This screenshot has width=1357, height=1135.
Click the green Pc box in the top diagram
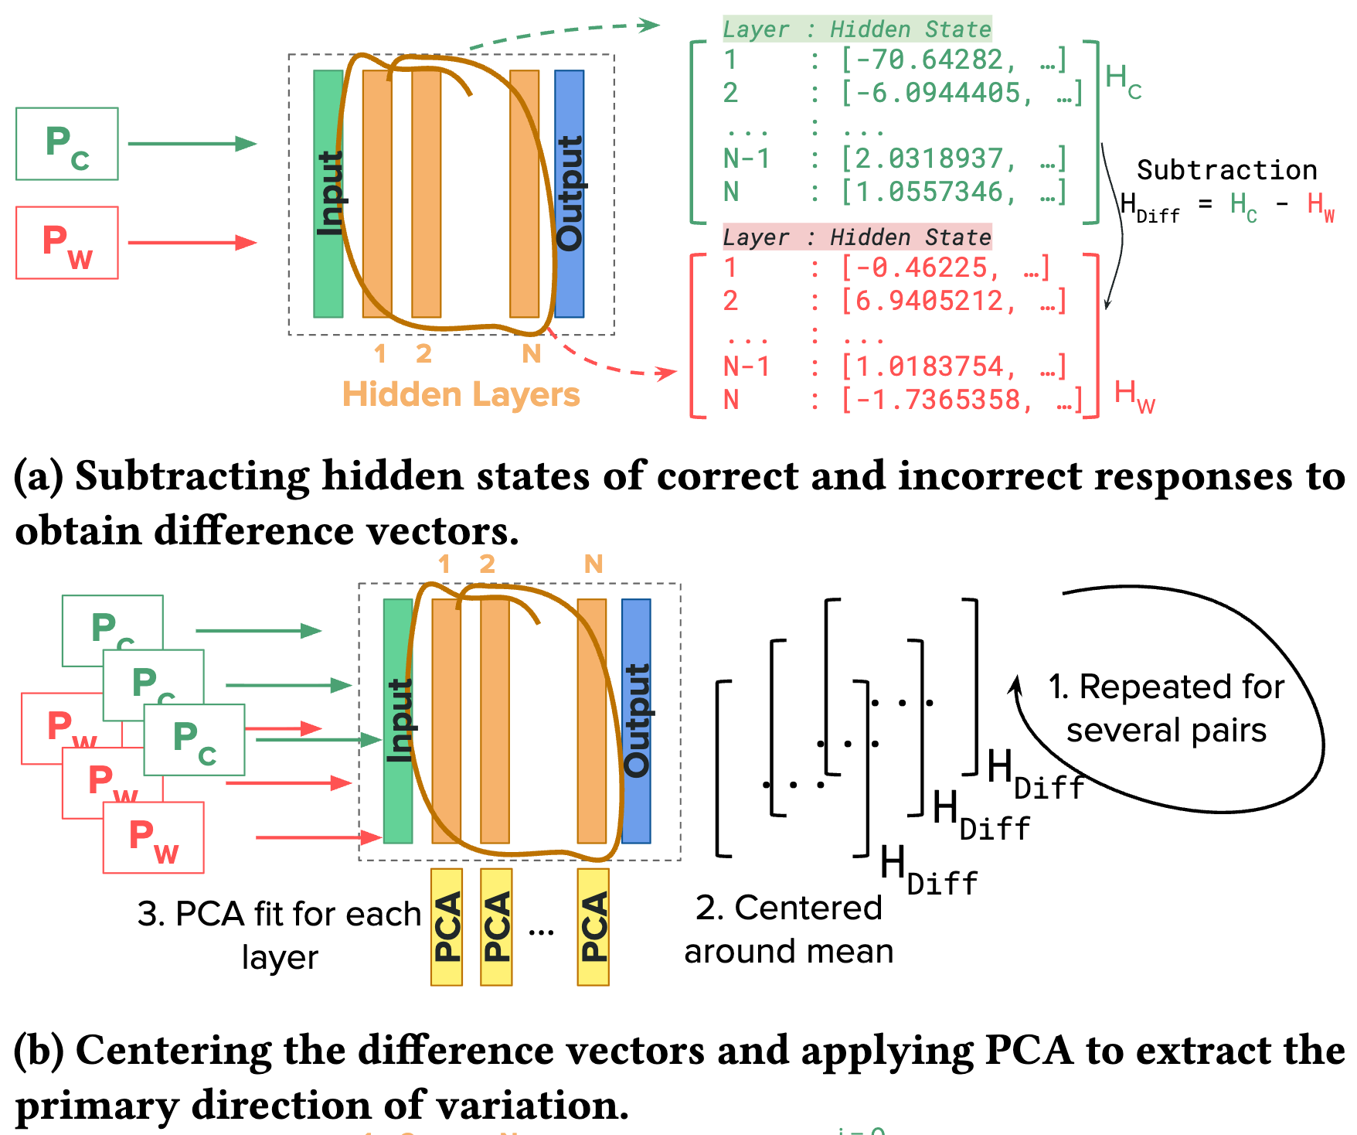[x=67, y=144]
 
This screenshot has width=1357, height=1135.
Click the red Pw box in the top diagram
[x=67, y=242]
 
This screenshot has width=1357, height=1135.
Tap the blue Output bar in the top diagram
[x=570, y=193]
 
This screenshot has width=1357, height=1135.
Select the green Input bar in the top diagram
[x=328, y=193]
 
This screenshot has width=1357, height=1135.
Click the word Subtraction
[x=1226, y=169]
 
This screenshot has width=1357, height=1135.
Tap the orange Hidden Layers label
[x=461, y=394]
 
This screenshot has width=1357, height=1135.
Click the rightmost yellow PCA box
[x=593, y=926]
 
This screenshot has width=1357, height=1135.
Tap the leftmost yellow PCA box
[x=447, y=926]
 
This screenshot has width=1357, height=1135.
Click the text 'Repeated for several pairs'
[x=1167, y=708]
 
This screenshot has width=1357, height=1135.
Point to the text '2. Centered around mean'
[x=788, y=929]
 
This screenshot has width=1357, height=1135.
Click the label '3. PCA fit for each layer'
[x=280, y=934]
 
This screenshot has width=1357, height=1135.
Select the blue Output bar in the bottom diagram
[x=636, y=721]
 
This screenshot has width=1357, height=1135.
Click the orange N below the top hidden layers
[x=532, y=353]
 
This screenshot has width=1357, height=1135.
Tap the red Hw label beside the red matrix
[x=1134, y=396]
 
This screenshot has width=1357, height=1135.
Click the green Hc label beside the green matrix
[x=1123, y=80]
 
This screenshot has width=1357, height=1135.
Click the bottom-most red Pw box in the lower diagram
[x=154, y=837]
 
